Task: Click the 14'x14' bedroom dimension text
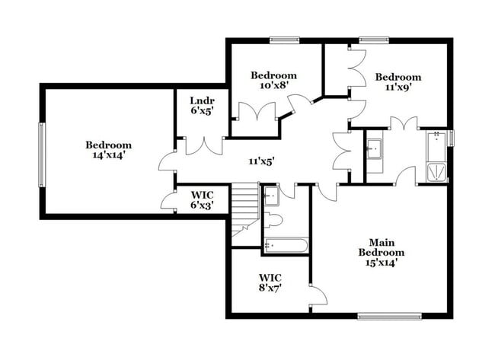[108, 155]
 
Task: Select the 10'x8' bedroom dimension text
[273, 86]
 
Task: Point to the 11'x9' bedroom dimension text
[398, 88]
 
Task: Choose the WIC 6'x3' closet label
[201, 205]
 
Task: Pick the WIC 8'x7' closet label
[271, 288]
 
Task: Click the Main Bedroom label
[382, 252]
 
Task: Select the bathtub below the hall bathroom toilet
[286, 246]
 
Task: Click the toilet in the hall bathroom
[273, 221]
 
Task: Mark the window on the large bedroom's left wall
[43, 154]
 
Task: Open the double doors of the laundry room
[201, 145]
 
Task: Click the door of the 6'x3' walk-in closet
[168, 199]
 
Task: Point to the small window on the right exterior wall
[452, 138]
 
